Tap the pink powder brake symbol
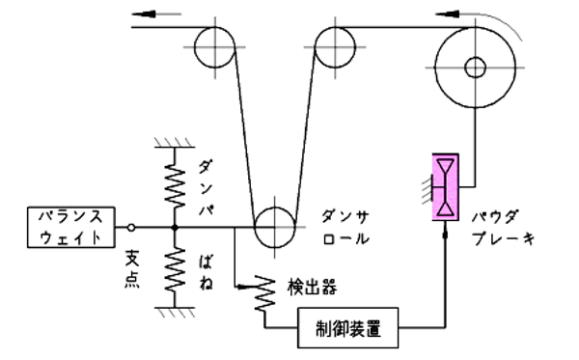click(445, 187)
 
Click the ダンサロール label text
click(345, 228)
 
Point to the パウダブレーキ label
click(503, 228)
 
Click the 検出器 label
click(312, 287)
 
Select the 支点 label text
click(132, 269)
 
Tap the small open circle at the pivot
click(131, 228)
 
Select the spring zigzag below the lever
click(175, 269)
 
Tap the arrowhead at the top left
click(143, 14)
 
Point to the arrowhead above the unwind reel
click(447, 14)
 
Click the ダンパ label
click(207, 188)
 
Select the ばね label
click(207, 272)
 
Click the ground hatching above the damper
click(175, 143)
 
